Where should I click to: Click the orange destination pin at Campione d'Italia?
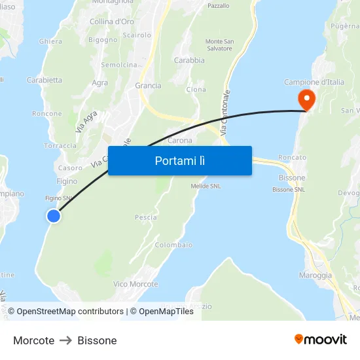306,98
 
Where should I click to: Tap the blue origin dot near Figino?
54,216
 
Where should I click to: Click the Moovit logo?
321,340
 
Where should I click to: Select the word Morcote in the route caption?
33,340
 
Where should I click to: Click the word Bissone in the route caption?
97,340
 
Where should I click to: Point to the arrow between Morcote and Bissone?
66,340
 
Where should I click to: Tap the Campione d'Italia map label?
314,82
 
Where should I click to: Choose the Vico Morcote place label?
135,284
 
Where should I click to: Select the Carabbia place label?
189,60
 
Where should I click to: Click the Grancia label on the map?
148,86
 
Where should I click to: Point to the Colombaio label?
173,245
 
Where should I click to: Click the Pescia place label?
145,217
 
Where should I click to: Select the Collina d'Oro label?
112,22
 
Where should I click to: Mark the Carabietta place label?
45,81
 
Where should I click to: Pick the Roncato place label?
292,158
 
